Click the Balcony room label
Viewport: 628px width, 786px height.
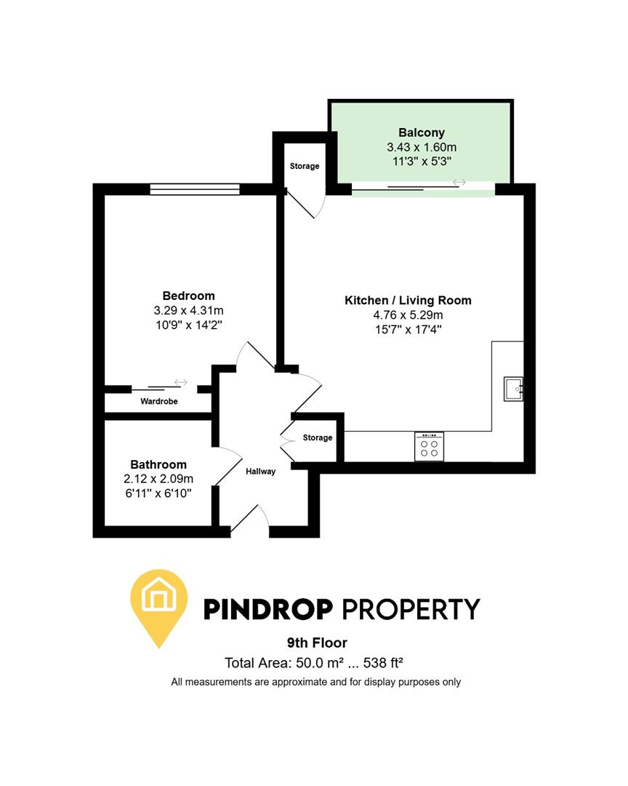pos(421,132)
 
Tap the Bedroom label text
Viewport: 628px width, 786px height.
pos(188,295)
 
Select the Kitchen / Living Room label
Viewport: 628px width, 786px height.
pos(407,300)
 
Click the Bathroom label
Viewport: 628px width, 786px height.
pos(158,464)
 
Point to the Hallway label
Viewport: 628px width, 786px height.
pos(260,472)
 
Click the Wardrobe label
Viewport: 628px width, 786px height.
pos(159,401)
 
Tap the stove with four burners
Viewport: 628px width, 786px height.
pos(429,446)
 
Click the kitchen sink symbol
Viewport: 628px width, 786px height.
pos(513,389)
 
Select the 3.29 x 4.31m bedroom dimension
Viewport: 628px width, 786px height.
pos(188,310)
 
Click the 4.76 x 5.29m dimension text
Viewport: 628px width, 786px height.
pos(407,314)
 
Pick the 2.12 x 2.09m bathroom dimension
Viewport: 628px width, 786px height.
pos(158,479)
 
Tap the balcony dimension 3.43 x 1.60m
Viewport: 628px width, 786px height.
pos(421,147)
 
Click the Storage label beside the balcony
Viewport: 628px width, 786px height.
pos(305,166)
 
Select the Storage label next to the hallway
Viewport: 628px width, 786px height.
pos(318,437)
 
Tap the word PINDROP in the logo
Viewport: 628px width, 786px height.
pos(268,608)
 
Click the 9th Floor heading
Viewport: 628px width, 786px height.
pos(317,643)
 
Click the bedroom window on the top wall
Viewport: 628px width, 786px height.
pos(195,189)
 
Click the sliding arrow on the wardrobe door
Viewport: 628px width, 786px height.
pos(180,383)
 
